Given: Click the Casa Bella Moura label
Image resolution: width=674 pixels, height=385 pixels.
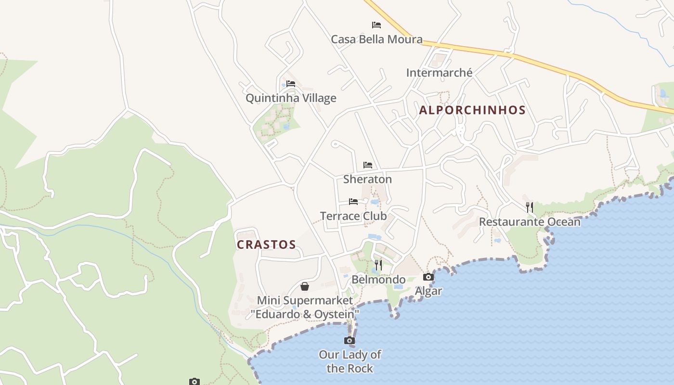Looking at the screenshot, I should click(x=376, y=39).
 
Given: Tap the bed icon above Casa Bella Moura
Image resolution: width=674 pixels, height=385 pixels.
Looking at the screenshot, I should click(x=376, y=25).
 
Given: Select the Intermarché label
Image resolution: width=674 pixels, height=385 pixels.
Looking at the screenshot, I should click(x=439, y=73).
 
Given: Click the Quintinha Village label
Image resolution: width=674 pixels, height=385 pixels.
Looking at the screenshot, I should click(x=291, y=98).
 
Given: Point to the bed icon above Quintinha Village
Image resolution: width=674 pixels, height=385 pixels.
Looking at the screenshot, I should click(x=291, y=84).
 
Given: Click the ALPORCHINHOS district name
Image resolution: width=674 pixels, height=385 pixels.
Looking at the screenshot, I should click(x=472, y=110).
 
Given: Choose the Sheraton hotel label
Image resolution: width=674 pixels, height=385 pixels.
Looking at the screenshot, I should click(x=367, y=179).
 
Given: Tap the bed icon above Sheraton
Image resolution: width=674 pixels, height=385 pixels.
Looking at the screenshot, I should click(x=368, y=165).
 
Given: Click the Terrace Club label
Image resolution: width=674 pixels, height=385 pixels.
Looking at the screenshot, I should click(x=353, y=216).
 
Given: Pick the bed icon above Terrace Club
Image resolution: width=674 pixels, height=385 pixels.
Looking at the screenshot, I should click(x=353, y=202).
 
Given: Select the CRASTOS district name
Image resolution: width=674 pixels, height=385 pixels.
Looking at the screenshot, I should click(x=266, y=244).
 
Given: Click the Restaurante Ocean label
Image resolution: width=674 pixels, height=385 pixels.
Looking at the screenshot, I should click(x=530, y=222).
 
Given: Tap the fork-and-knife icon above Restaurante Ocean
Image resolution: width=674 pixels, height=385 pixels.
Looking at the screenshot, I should click(x=530, y=207).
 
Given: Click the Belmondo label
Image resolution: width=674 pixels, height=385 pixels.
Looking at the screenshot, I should click(x=378, y=280).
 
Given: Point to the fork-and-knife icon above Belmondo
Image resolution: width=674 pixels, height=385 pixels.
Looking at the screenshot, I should click(x=378, y=265).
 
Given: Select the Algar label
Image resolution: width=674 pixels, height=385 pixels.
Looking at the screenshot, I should click(x=428, y=291).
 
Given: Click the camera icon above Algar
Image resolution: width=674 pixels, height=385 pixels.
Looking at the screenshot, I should click(x=428, y=277).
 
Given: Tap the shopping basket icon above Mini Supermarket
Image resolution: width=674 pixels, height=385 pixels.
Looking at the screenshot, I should click(x=305, y=287).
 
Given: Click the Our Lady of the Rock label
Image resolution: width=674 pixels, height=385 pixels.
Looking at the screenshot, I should click(x=350, y=361).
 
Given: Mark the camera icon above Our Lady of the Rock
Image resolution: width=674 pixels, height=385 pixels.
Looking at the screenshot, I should click(x=350, y=341).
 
